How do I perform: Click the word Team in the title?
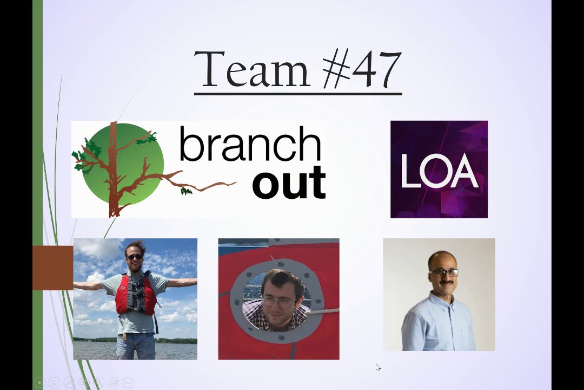point(251,69)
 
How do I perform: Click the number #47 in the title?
point(362,69)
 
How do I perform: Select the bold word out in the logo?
point(289,183)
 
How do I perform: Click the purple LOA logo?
point(439,169)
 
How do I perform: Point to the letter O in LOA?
point(438,170)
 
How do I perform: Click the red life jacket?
point(135,293)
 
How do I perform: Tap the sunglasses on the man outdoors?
point(135,257)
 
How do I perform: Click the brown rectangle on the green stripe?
point(53,268)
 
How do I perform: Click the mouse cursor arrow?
point(378,368)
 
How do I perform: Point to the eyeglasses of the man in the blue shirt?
point(443,272)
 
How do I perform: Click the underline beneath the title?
point(298,93)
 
